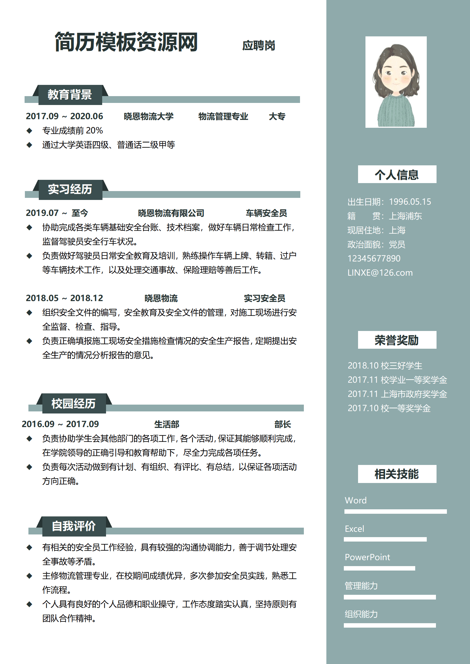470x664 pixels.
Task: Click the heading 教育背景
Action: [x=70, y=95]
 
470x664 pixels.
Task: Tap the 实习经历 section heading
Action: [x=70, y=189]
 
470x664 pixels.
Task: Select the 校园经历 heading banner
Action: [x=73, y=403]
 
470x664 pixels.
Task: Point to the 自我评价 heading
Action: [x=73, y=526]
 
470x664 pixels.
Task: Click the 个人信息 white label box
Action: [x=397, y=175]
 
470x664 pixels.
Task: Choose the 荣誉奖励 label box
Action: [x=397, y=340]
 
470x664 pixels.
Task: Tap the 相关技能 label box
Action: [x=397, y=474]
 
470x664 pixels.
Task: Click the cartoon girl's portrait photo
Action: [x=396, y=82]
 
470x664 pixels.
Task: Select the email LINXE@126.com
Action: [x=380, y=273]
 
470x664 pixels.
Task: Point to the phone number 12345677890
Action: [x=374, y=259]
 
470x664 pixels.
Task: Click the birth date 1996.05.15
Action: [x=410, y=202]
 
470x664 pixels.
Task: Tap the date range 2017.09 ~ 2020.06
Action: [x=64, y=116]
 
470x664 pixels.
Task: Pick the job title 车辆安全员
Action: [x=266, y=213]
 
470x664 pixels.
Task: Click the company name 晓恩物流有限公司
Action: [x=171, y=213]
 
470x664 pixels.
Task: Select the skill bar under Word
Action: [x=395, y=512]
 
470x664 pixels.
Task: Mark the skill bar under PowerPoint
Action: [x=379, y=568]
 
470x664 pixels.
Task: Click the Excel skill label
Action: [x=354, y=529]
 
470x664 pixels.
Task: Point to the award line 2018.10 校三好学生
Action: [x=385, y=366]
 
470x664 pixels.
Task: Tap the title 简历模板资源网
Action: [x=126, y=42]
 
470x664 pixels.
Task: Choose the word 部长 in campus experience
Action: [x=283, y=424]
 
